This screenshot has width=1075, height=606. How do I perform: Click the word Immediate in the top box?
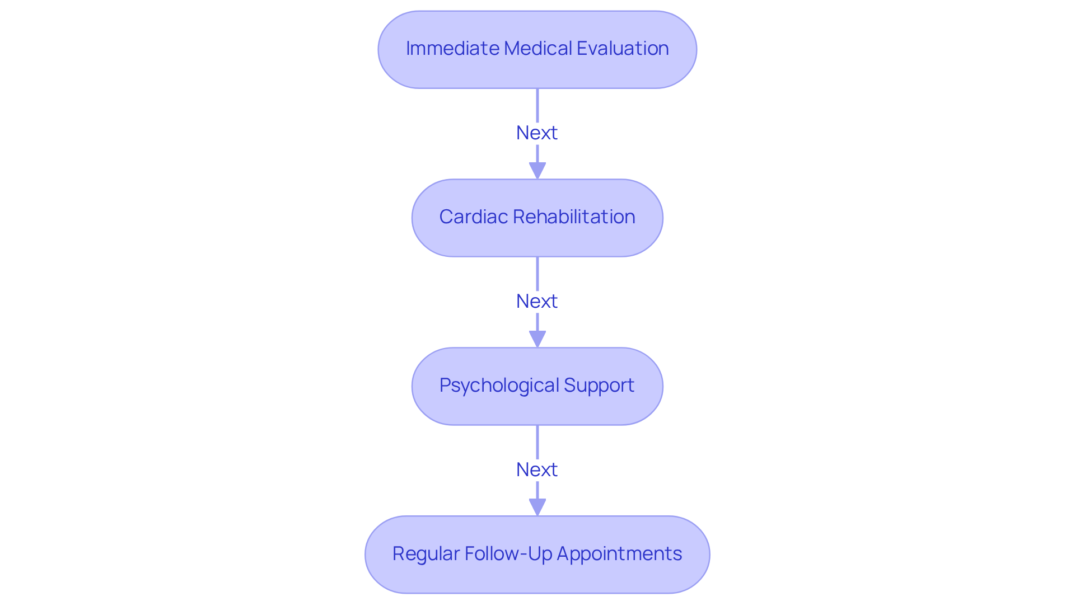pyautogui.click(x=452, y=49)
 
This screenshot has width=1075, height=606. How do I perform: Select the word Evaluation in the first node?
pyautogui.click(x=623, y=49)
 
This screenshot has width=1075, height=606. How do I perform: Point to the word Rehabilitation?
pyautogui.click(x=574, y=217)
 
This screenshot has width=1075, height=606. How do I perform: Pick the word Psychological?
pyautogui.click(x=499, y=386)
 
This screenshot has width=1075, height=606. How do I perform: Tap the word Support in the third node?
pyautogui.click(x=599, y=386)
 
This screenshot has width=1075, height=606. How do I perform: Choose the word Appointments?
pyautogui.click(x=619, y=554)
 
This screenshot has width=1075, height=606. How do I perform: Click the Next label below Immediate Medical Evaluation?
pyautogui.click(x=536, y=133)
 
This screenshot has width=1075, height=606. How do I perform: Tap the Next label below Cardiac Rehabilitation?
pyautogui.click(x=536, y=302)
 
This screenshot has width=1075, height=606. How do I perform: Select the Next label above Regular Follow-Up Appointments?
pyautogui.click(x=536, y=470)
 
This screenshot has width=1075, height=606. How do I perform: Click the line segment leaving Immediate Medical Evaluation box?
pyautogui.click(x=537, y=105)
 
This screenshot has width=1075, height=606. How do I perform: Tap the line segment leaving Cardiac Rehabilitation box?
pyautogui.click(x=537, y=274)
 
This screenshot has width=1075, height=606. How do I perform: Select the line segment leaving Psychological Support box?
pyautogui.click(x=537, y=442)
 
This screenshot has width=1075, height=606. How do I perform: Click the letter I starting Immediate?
pyautogui.click(x=408, y=49)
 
